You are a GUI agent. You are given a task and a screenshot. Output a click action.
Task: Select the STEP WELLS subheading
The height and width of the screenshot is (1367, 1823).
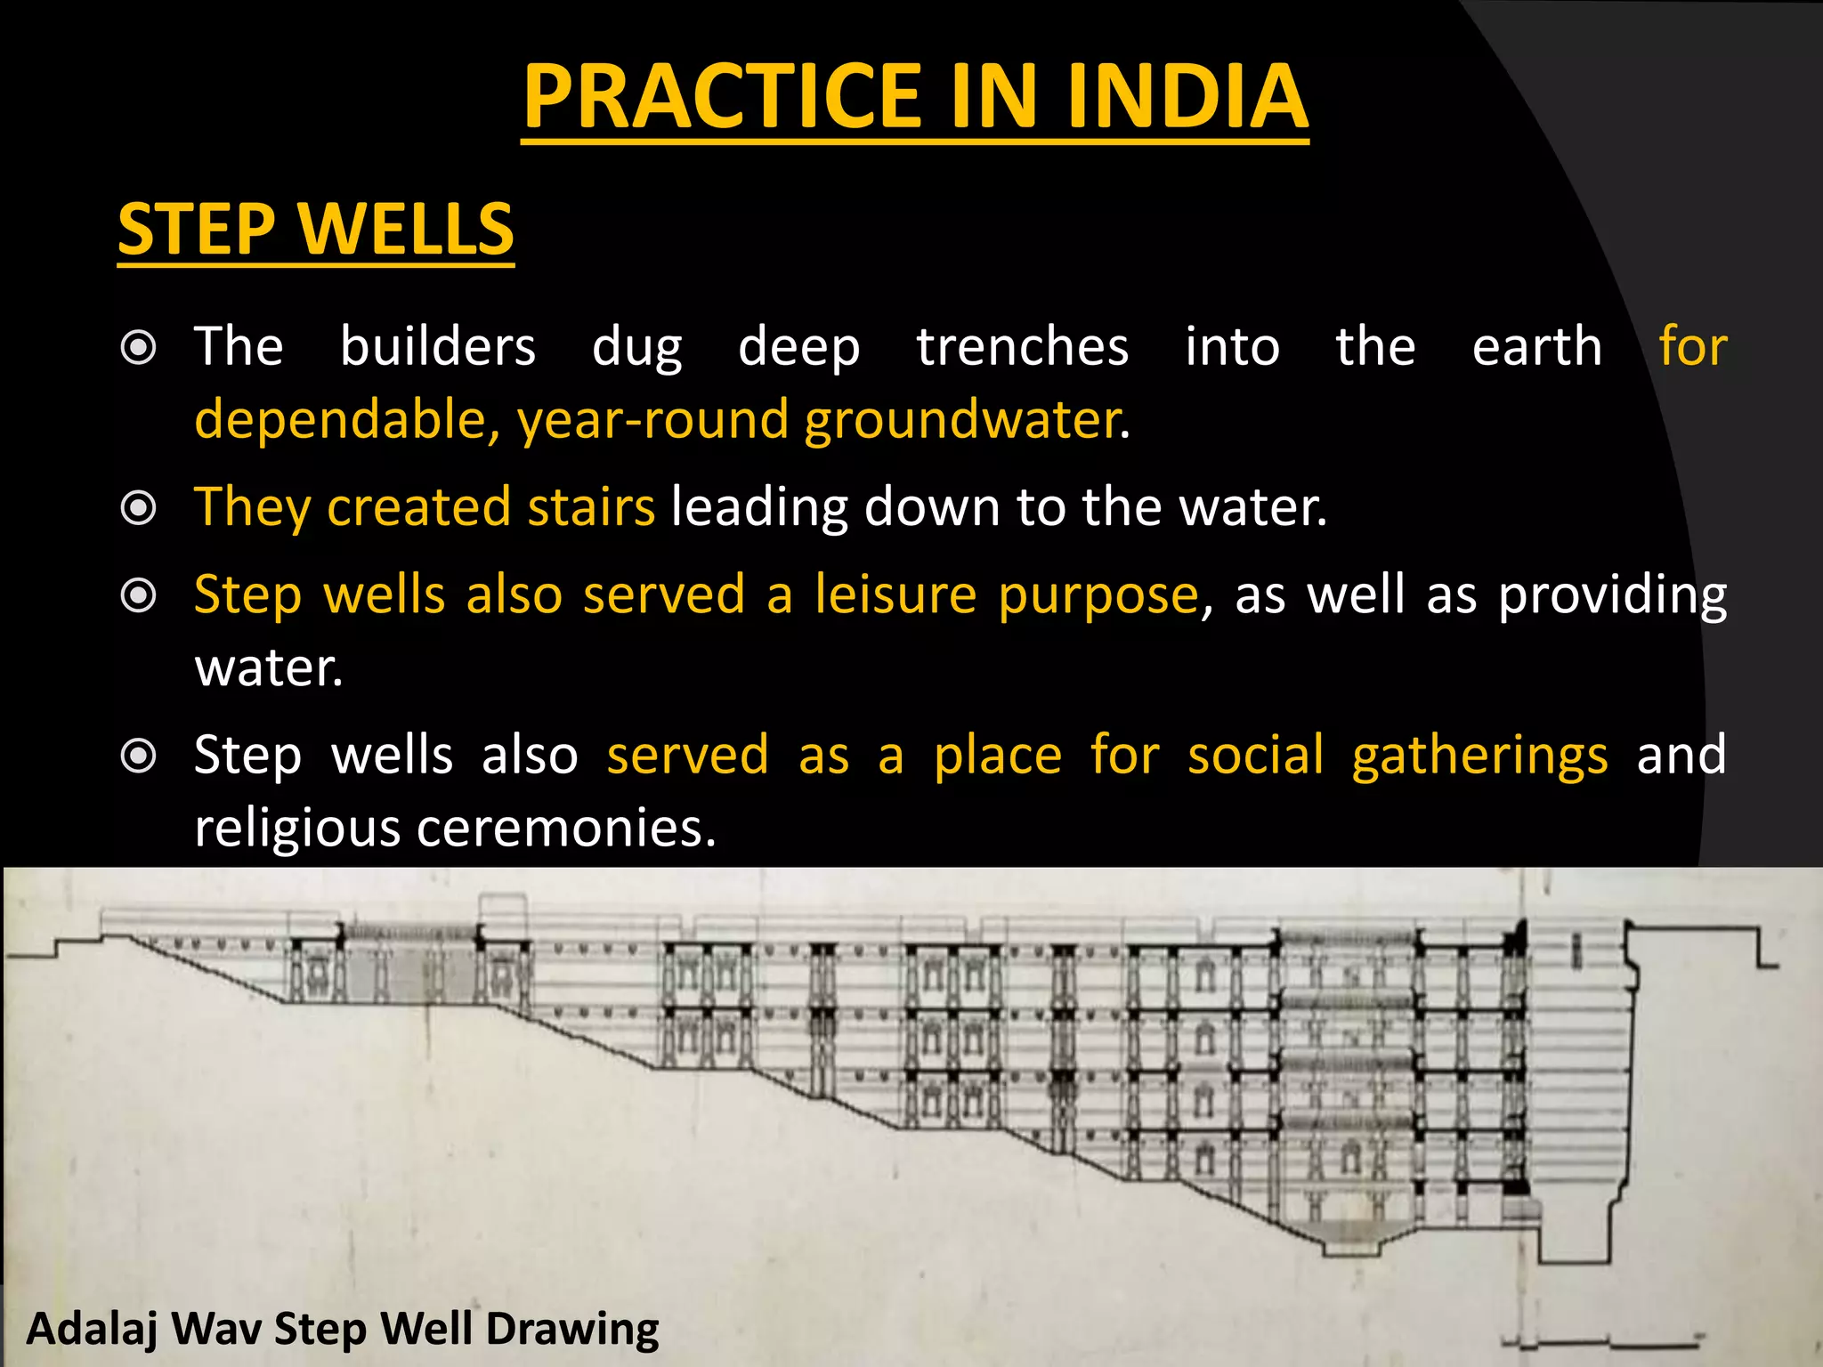click(316, 229)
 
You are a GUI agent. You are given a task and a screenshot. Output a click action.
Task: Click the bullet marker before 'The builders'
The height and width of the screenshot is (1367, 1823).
click(139, 348)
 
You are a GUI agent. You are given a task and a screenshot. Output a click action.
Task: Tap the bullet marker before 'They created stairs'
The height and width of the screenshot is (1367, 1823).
click(139, 509)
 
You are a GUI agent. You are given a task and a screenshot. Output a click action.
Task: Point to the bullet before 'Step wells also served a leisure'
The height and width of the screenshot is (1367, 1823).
click(139, 595)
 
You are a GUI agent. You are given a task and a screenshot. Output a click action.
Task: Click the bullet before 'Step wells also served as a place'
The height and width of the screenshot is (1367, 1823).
click(139, 756)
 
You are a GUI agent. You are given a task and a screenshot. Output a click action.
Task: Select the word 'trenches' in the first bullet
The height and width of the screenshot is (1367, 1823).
click(1023, 346)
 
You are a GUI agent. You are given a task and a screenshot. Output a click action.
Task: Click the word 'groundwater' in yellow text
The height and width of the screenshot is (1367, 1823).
click(961, 420)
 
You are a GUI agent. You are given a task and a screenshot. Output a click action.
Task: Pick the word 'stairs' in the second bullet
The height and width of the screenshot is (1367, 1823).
click(591, 507)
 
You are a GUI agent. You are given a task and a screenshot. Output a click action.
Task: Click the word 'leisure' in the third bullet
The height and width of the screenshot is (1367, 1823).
click(895, 595)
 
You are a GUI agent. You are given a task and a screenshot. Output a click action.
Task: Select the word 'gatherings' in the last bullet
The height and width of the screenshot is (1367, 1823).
click(1479, 756)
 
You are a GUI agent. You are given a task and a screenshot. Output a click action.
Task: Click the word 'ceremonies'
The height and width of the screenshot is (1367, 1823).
click(566, 828)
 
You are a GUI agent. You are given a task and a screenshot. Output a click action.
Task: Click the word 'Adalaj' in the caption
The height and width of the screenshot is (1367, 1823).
click(93, 1330)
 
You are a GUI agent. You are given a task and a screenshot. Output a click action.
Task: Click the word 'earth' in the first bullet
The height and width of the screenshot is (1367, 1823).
click(1537, 346)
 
